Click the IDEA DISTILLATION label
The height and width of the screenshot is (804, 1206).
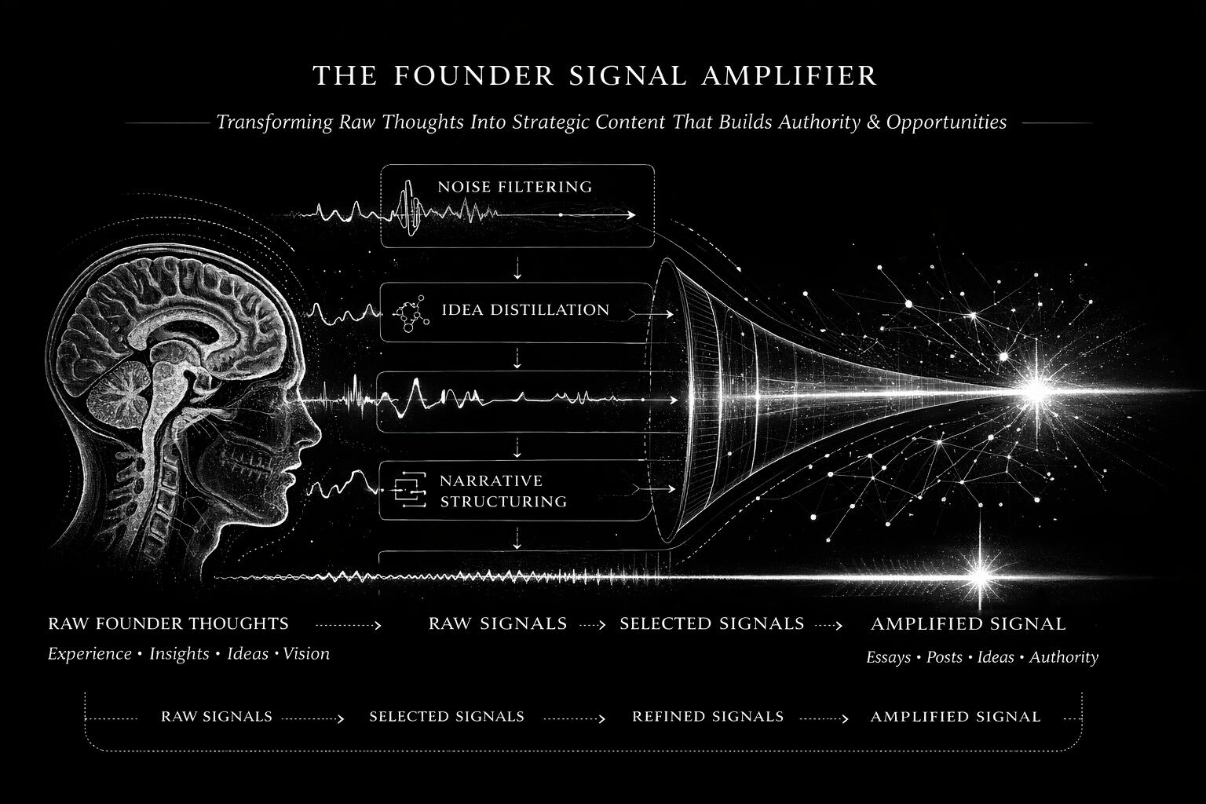point(525,310)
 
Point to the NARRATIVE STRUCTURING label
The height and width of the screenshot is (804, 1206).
point(502,491)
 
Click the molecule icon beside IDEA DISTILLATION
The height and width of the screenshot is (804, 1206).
point(411,312)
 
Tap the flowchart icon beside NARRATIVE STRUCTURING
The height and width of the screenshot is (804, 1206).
point(407,491)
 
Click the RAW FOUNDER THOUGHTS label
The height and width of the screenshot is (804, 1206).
point(168,624)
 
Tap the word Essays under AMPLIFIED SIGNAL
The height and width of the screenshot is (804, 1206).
point(888,658)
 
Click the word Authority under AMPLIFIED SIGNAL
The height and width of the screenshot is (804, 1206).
point(1064,658)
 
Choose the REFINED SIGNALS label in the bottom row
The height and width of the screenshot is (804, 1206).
point(707,717)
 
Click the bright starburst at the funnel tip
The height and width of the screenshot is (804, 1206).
point(1036,390)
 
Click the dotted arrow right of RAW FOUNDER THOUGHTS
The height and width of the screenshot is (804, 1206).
point(348,625)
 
